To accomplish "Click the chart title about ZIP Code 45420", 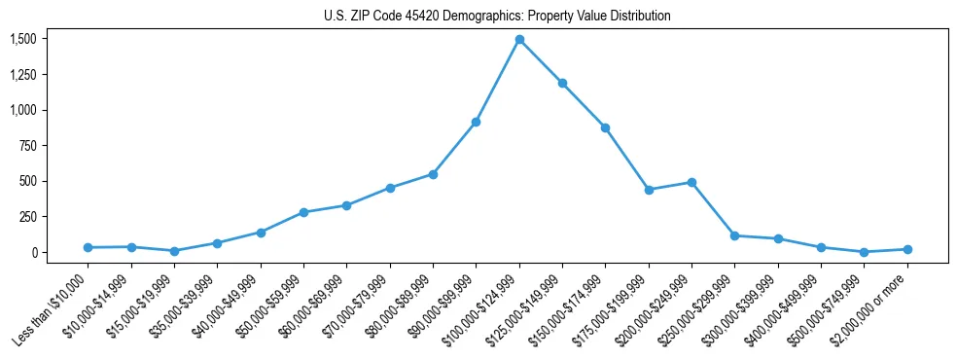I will point(497,17).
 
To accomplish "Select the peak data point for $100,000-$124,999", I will point(519,40).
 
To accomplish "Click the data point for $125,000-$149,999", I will point(562,84).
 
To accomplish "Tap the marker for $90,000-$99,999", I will point(476,122).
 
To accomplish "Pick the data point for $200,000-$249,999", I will point(691,182).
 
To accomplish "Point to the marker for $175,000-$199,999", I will point(649,190).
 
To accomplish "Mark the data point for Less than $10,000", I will point(88,247).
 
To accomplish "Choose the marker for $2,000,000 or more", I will point(907,249).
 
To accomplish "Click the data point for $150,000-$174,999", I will point(605,127).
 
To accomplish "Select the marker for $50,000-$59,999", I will point(303,212).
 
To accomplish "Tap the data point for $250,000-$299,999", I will point(734,235).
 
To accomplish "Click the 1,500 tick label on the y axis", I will point(22,39).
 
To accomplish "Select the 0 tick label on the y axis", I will point(35,252).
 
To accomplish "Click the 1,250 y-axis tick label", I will point(22,75).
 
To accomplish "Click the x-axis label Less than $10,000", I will point(53,312).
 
